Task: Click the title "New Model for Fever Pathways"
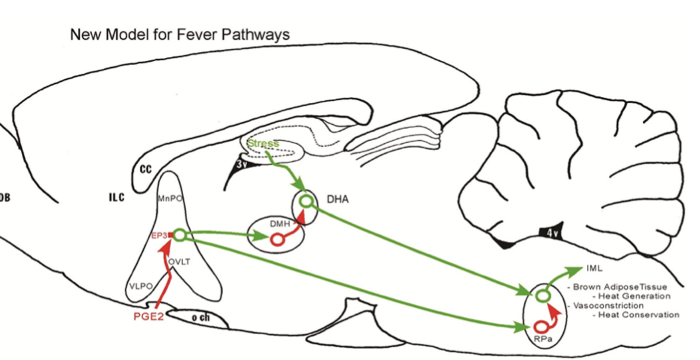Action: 180,34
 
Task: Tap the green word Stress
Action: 263,144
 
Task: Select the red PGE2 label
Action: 149,317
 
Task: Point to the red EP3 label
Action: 160,236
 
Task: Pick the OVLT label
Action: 179,262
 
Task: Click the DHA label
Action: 337,200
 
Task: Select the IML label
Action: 594,268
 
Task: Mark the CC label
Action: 145,169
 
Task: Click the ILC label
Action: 116,198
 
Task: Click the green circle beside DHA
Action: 306,202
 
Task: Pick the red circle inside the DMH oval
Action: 276,240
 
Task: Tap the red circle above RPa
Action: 541,327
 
